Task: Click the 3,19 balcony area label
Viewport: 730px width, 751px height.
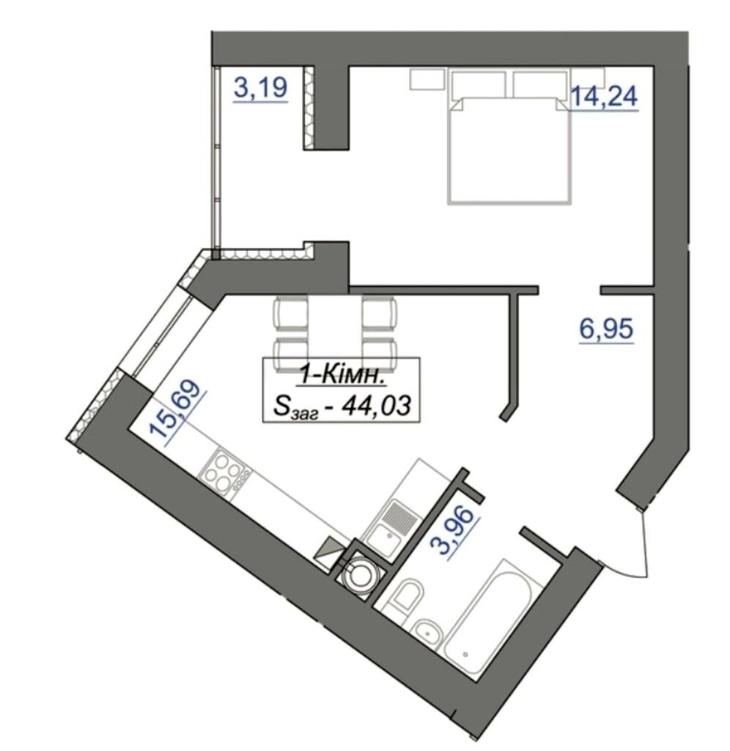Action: click(260, 88)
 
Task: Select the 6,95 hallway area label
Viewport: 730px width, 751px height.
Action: click(606, 329)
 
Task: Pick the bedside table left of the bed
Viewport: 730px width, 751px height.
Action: click(427, 78)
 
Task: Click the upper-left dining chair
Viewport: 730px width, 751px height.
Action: click(290, 312)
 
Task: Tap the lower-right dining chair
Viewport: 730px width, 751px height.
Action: click(380, 354)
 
